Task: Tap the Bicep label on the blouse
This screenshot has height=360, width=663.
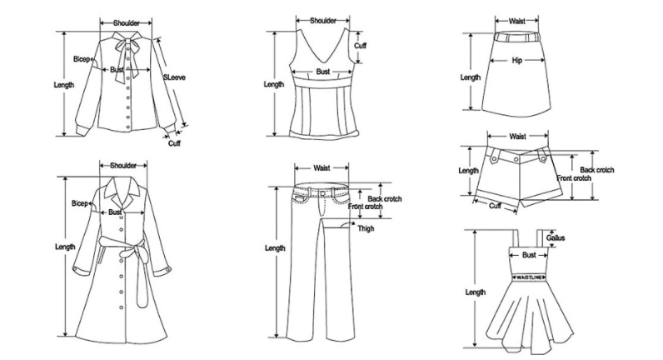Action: coord(82,59)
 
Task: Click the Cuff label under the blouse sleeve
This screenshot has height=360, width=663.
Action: coord(175,143)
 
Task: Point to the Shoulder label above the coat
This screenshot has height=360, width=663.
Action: coord(123,165)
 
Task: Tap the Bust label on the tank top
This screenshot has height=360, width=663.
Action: coord(323,72)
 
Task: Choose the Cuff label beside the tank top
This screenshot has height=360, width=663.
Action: coord(361,46)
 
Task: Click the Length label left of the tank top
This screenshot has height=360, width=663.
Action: coord(274,84)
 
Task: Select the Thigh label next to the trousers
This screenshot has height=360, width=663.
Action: coord(366,228)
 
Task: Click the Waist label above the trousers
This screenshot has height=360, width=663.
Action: coord(322,167)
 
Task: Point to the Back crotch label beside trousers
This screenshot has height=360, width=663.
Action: coord(386,197)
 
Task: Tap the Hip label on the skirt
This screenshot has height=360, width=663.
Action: coord(516,60)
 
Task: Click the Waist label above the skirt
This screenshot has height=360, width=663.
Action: coord(516,22)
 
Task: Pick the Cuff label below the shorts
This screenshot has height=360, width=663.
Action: coord(495,205)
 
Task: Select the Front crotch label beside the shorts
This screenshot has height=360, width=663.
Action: coord(574,178)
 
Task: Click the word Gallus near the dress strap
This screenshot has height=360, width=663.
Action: coord(556,238)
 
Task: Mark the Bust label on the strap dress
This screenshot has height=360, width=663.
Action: coord(529,255)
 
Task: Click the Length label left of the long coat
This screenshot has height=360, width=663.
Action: coord(65,247)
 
